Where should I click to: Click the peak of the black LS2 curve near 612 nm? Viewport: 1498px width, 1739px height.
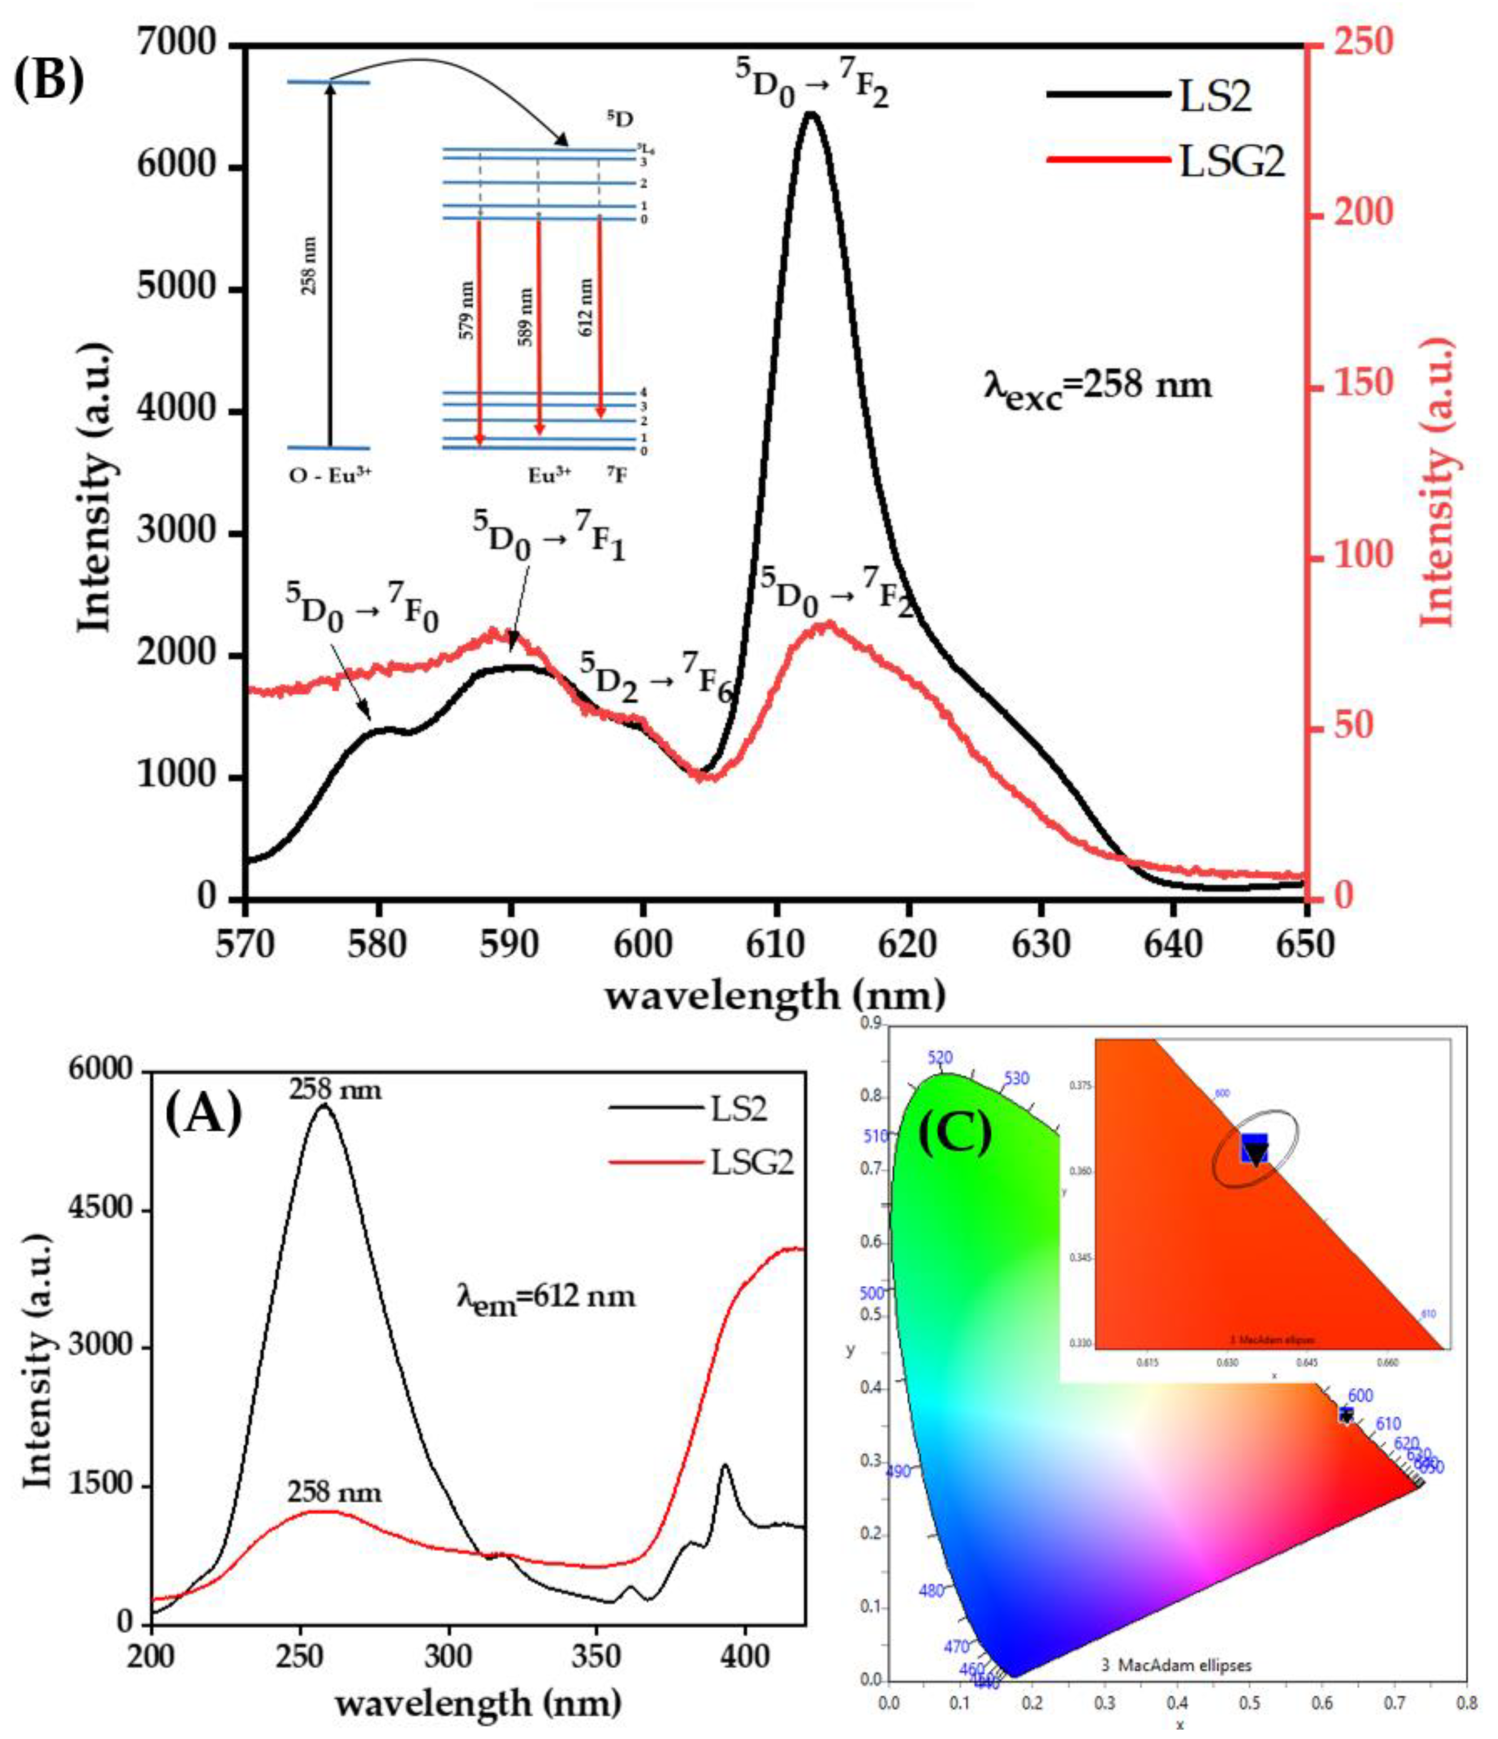coord(810,113)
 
